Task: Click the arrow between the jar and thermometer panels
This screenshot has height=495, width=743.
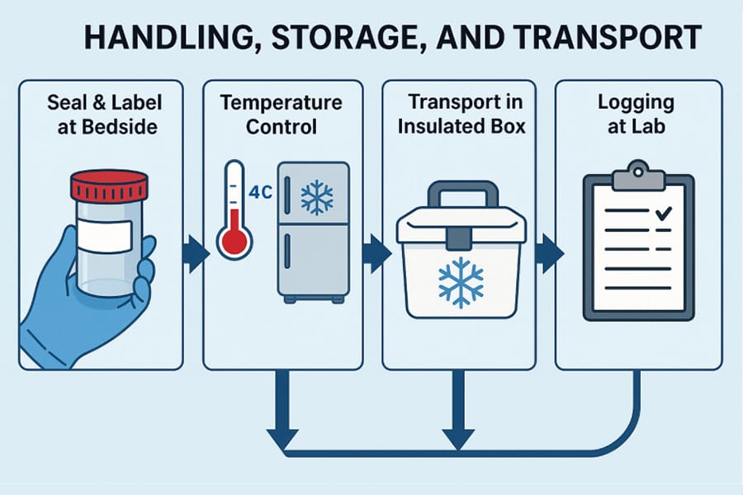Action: coord(196,253)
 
